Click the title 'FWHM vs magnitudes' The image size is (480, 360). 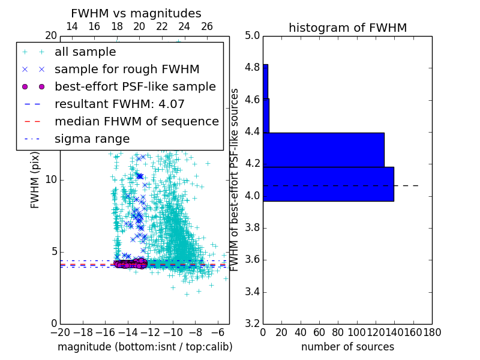pyautogui.click(x=136, y=13)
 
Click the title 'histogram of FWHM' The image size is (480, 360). pyautogui.click(x=347, y=28)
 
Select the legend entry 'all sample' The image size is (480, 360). pyautogui.click(x=85, y=52)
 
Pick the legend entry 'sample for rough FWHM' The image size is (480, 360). pyautogui.click(x=127, y=69)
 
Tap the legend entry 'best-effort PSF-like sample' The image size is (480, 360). pyautogui.click(x=135, y=86)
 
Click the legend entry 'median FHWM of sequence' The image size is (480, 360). pyautogui.click(x=136, y=121)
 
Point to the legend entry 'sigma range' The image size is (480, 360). pyautogui.click(x=92, y=139)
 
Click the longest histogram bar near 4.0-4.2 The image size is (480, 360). pyautogui.click(x=328, y=184)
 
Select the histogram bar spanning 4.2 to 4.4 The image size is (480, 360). pyautogui.click(x=323, y=149)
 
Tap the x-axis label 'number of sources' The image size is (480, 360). pyautogui.click(x=347, y=347)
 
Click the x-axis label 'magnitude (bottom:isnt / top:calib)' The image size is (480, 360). pyautogui.click(x=145, y=347)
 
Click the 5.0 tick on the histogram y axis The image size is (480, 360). pyautogui.click(x=252, y=35)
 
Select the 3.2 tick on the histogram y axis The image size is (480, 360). pyautogui.click(x=252, y=324)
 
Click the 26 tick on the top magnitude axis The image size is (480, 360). pyautogui.click(x=207, y=26)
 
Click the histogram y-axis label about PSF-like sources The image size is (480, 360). pyautogui.click(x=235, y=179)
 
